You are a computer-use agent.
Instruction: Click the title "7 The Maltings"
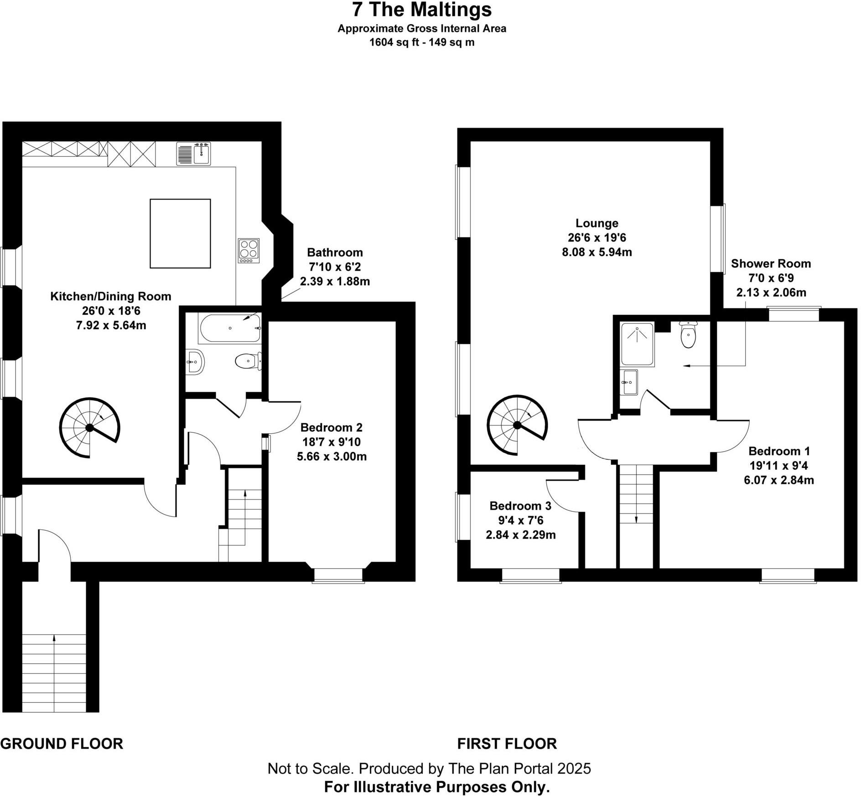[x=421, y=10]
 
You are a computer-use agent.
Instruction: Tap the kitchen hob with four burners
[x=249, y=251]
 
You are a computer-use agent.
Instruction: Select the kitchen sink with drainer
[x=194, y=154]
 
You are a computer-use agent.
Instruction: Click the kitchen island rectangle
[x=180, y=233]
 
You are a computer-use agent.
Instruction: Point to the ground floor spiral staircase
[x=89, y=427]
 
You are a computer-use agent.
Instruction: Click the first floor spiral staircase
[x=517, y=425]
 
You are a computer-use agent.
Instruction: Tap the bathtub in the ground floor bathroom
[x=229, y=328]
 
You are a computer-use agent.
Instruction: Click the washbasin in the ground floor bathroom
[x=195, y=363]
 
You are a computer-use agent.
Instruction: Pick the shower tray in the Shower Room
[x=638, y=344]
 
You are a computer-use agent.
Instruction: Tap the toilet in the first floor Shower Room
[x=688, y=336]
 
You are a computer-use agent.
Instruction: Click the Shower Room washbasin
[x=630, y=382]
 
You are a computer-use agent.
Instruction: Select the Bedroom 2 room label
[x=332, y=427]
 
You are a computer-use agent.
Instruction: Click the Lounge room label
[x=596, y=223]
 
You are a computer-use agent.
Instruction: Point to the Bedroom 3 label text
[x=520, y=506]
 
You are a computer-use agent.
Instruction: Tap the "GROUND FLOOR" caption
[x=62, y=744]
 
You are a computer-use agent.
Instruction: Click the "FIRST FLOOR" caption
[x=507, y=744]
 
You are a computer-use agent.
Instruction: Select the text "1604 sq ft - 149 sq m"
[x=421, y=42]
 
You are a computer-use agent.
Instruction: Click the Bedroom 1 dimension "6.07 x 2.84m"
[x=779, y=480]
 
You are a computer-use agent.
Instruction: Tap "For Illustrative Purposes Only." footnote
[x=437, y=787]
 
